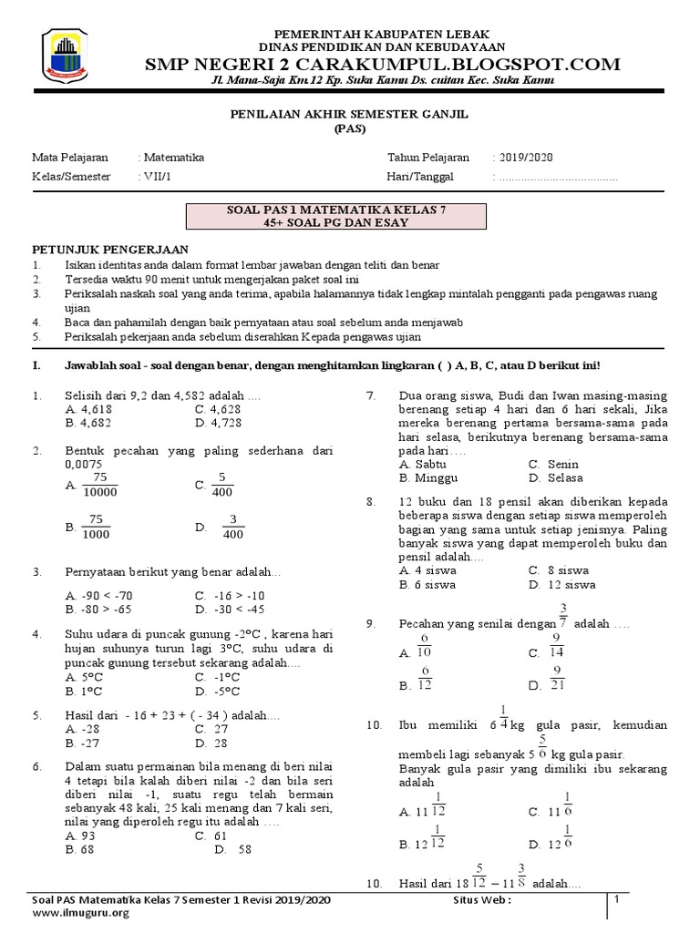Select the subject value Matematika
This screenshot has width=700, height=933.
tap(172, 157)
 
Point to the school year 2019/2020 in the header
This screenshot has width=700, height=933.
tap(524, 157)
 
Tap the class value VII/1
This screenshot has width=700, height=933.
tap(156, 177)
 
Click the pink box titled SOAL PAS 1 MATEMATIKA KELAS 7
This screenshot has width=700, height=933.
tap(336, 216)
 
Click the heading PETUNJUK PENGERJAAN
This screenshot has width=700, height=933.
tap(110, 249)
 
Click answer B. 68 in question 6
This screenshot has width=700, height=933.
tap(82, 848)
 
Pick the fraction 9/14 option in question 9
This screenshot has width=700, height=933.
tap(556, 646)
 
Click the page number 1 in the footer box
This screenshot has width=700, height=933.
tap(617, 900)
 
